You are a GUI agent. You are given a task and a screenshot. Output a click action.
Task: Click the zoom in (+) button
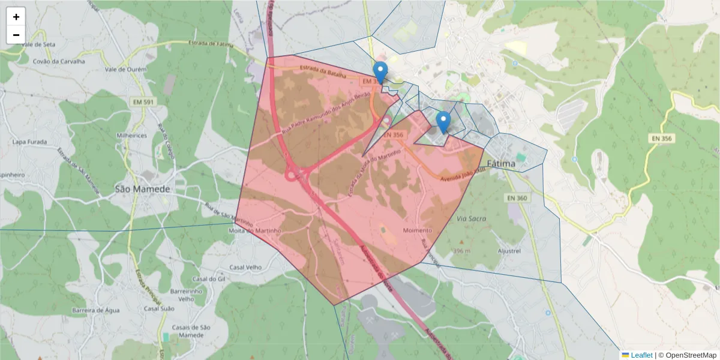point(16,17)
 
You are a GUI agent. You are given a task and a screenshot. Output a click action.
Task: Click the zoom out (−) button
point(16,35)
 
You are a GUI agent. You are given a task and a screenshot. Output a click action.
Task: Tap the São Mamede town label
point(142,189)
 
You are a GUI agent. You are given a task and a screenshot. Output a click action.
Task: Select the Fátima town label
point(501,163)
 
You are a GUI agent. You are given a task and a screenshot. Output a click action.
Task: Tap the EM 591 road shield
point(143,103)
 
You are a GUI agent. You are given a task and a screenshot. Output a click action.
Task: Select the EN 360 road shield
point(516,198)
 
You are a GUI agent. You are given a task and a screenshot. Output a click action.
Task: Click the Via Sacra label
point(471,219)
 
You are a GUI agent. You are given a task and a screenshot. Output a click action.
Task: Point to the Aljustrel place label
point(509,251)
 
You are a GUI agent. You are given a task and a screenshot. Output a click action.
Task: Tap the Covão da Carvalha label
point(59,61)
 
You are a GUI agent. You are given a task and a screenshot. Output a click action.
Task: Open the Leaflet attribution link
point(641,355)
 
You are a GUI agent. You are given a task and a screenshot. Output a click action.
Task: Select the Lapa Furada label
point(30,142)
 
